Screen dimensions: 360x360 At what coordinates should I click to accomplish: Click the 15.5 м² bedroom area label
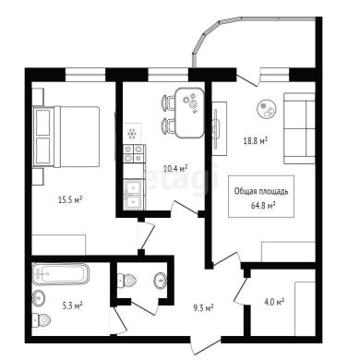coord(70,200)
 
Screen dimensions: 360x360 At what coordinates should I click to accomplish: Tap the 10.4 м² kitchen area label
coord(175,168)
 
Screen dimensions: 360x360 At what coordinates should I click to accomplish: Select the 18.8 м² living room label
coord(255,141)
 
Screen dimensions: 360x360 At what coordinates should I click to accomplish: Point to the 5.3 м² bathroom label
coord(72,306)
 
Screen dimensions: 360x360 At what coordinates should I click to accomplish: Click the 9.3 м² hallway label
coord(203,307)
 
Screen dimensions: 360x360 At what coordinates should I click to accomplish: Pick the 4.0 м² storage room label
coord(274,302)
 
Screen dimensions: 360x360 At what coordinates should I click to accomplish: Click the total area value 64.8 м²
coord(263,205)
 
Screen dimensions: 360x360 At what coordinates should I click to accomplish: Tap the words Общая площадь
coord(261,191)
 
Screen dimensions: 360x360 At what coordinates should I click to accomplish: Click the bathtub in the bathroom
coord(61,274)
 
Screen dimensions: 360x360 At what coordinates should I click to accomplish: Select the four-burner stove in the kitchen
coord(134,153)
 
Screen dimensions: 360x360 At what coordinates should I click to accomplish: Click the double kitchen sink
coord(134,195)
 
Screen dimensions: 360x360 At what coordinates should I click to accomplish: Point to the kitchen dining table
coord(190,113)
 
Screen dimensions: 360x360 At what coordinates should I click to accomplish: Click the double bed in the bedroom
coord(66,137)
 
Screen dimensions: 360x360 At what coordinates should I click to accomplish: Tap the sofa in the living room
coord(299,128)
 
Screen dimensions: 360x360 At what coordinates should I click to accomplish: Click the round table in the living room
coord(267,110)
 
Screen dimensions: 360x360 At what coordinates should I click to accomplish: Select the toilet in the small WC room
coord(127,280)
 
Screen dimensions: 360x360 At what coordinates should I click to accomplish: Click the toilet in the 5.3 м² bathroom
coord(42,320)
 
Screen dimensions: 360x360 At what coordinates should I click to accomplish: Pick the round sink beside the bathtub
coord(39,298)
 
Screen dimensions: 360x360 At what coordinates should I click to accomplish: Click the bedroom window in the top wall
coord(86,75)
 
